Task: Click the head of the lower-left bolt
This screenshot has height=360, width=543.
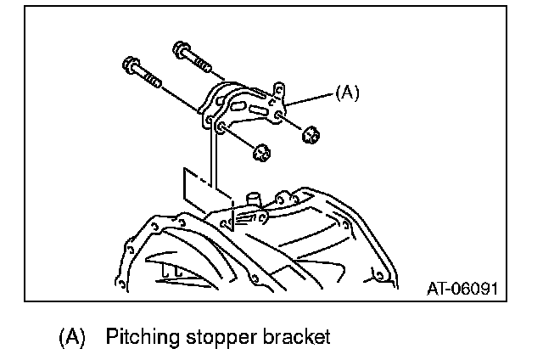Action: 132,64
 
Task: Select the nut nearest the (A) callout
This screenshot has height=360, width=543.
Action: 311,133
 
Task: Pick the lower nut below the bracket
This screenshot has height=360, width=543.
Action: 262,151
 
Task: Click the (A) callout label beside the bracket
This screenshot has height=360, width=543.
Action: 348,93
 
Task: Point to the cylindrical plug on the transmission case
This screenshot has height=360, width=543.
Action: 251,200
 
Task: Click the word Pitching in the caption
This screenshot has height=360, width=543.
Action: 139,337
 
